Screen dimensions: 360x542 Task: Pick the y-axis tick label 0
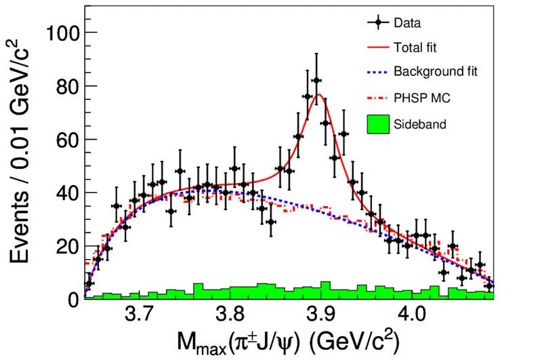(72, 299)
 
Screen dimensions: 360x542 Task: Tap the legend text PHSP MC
(422, 98)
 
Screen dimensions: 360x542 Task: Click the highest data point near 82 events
(316, 81)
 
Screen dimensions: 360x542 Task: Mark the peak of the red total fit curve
(319, 94)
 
